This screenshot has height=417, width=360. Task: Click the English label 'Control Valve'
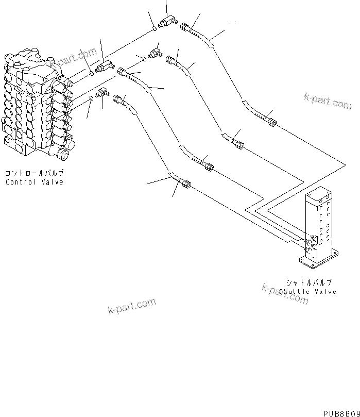tap(34, 182)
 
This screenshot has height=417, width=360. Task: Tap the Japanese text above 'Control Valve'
tap(34, 174)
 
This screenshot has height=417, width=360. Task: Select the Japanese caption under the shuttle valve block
tap(309, 282)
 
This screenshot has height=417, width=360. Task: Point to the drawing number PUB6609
tap(341, 413)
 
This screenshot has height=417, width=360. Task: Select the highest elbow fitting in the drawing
tap(167, 22)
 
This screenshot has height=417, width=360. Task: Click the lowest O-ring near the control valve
tap(91, 98)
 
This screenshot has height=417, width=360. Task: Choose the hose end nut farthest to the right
tap(271, 122)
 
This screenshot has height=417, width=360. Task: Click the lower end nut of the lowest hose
tap(185, 183)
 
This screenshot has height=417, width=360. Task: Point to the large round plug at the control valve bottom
tap(64, 154)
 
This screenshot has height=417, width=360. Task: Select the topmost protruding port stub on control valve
tap(63, 78)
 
